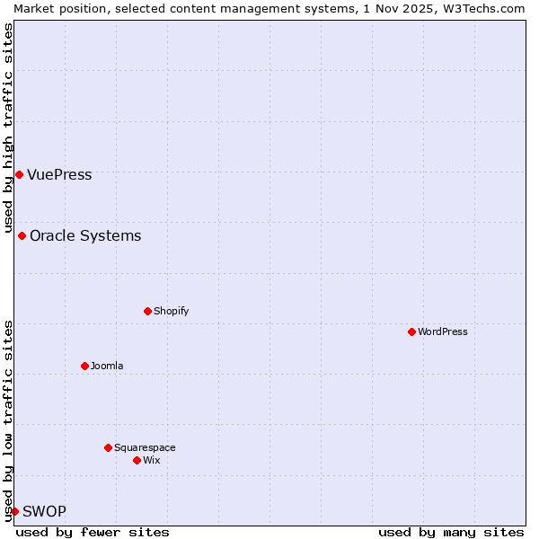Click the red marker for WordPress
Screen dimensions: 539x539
click(x=411, y=331)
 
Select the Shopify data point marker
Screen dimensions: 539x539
click(x=147, y=311)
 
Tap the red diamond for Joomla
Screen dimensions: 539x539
click(x=84, y=366)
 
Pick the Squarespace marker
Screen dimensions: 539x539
click(x=108, y=447)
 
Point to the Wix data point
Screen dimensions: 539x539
click(x=137, y=460)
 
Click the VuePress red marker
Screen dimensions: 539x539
click(x=19, y=174)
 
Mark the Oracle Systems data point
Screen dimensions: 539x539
click(x=22, y=235)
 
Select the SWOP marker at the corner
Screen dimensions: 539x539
click(x=14, y=511)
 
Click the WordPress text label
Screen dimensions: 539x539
click(x=442, y=331)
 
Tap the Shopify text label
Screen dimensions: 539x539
click(x=171, y=311)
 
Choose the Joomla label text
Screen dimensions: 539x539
click(x=107, y=366)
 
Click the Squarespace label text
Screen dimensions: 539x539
click(x=145, y=447)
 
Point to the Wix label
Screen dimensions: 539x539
click(x=151, y=460)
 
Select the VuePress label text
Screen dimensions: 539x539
click(x=59, y=174)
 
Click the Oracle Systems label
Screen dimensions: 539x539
click(x=85, y=235)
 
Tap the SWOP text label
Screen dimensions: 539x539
click(x=44, y=511)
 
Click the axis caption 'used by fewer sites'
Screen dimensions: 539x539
click(x=93, y=532)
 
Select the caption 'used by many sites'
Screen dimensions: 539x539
click(x=451, y=532)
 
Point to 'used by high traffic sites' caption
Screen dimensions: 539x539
click(x=8, y=127)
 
